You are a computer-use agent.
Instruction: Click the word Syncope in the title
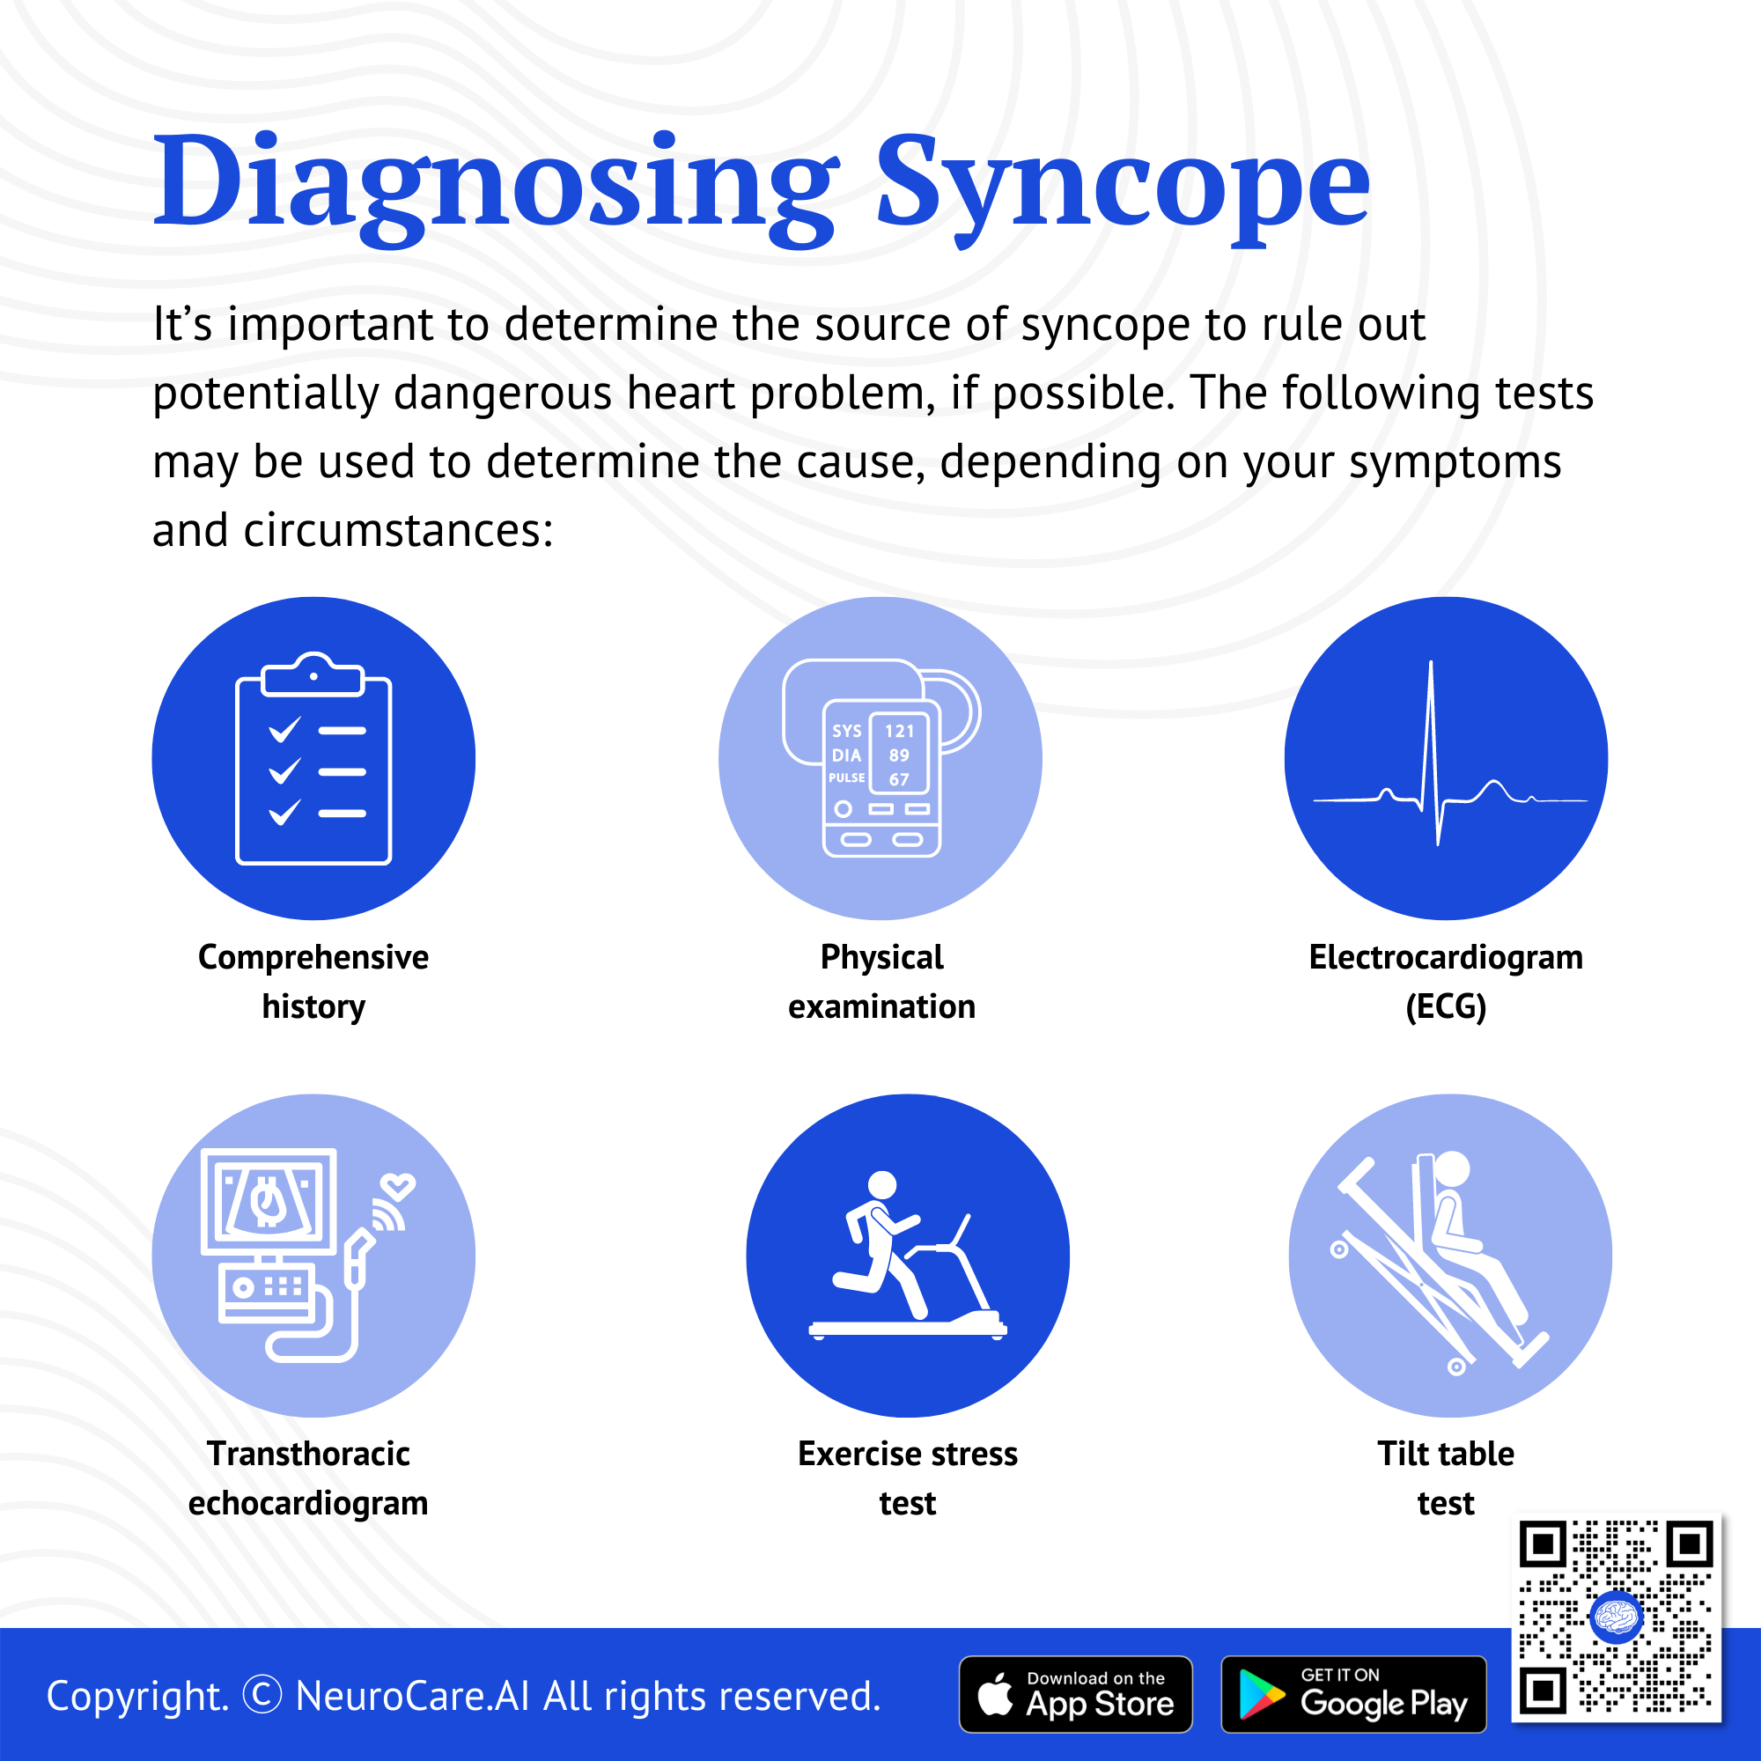pos(1122,187)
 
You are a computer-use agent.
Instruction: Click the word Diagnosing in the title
pos(496,187)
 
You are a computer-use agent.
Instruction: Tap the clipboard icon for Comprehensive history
pos(313,758)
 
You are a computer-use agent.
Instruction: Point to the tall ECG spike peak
pos(1430,663)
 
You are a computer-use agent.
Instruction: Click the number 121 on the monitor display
pos(899,731)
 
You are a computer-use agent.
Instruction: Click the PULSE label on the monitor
pos(847,777)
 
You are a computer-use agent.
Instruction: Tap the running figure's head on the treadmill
pos(881,1185)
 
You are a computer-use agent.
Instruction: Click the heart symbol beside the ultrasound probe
pos(398,1185)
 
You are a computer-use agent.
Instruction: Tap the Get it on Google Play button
pos(1353,1694)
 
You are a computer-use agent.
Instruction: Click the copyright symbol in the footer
pos(263,1695)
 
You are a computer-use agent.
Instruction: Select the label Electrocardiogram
pos(1446,957)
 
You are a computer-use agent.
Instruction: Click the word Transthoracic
pos(308,1454)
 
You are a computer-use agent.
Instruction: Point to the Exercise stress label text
pos(908,1454)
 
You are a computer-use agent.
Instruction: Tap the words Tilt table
pos(1446,1454)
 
